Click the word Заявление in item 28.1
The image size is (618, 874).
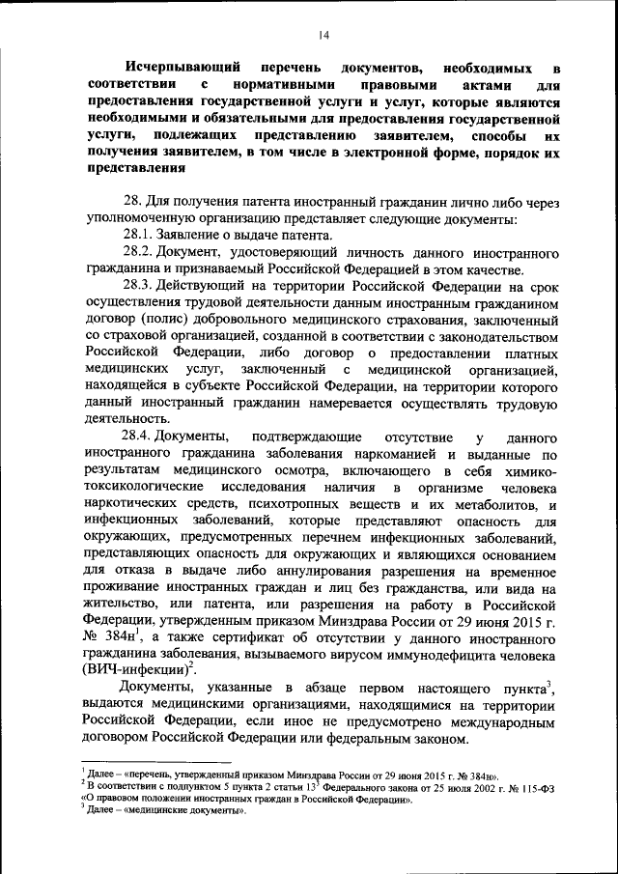click(x=189, y=236)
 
